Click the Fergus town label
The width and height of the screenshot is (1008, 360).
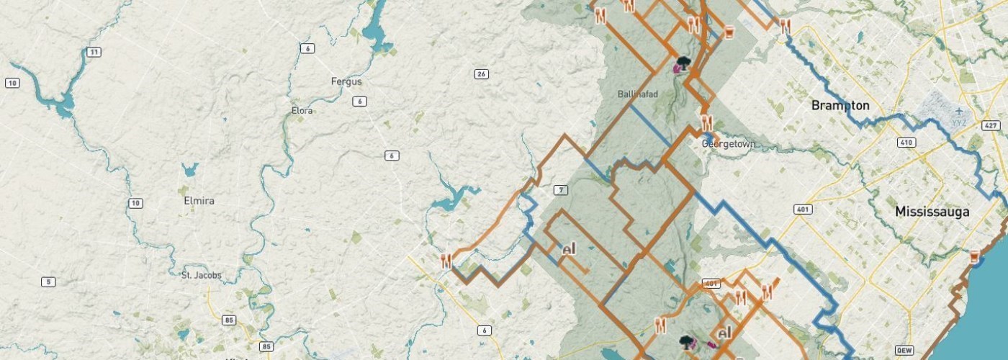pos(347,81)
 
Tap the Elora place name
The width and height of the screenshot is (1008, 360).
pos(302,111)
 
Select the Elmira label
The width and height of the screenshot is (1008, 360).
pos(199,201)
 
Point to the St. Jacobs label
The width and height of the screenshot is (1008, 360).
pos(202,275)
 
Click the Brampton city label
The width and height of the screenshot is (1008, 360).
pos(840,106)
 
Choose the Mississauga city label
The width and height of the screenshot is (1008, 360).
pos(932,212)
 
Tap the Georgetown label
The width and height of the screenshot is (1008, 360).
pos(729,144)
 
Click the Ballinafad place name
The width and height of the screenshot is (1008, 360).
pos(638,94)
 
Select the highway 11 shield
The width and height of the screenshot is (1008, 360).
pos(93,52)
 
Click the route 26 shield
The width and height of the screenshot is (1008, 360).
pos(482,74)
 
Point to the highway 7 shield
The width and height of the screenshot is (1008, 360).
pos(562,190)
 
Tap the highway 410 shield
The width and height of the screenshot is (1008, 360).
pos(906,142)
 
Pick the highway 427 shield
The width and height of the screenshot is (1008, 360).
pos(991,125)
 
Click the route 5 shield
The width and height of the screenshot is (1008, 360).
pos(48,282)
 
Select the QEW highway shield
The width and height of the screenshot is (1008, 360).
pos(905,351)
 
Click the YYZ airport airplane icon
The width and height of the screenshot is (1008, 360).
pos(958,112)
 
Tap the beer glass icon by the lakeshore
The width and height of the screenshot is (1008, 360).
pos(974,256)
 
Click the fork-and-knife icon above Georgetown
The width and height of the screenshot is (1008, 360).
pos(706,122)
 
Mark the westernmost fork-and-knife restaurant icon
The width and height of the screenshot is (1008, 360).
pos(446,261)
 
